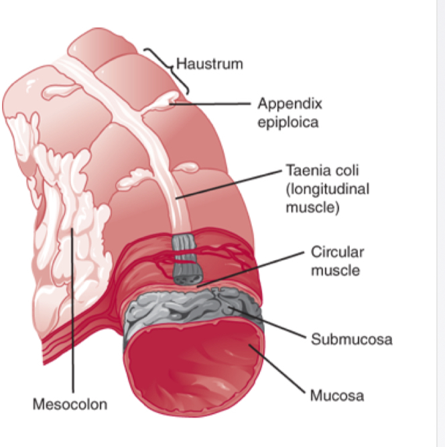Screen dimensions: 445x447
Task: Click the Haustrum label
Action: tap(208, 64)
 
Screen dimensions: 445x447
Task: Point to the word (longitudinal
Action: tap(327, 189)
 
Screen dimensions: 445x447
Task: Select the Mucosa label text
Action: tap(336, 395)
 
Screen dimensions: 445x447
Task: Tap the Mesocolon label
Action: tap(70, 404)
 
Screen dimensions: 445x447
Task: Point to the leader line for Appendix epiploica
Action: tap(214, 104)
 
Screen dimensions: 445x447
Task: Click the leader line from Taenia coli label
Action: tap(228, 184)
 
